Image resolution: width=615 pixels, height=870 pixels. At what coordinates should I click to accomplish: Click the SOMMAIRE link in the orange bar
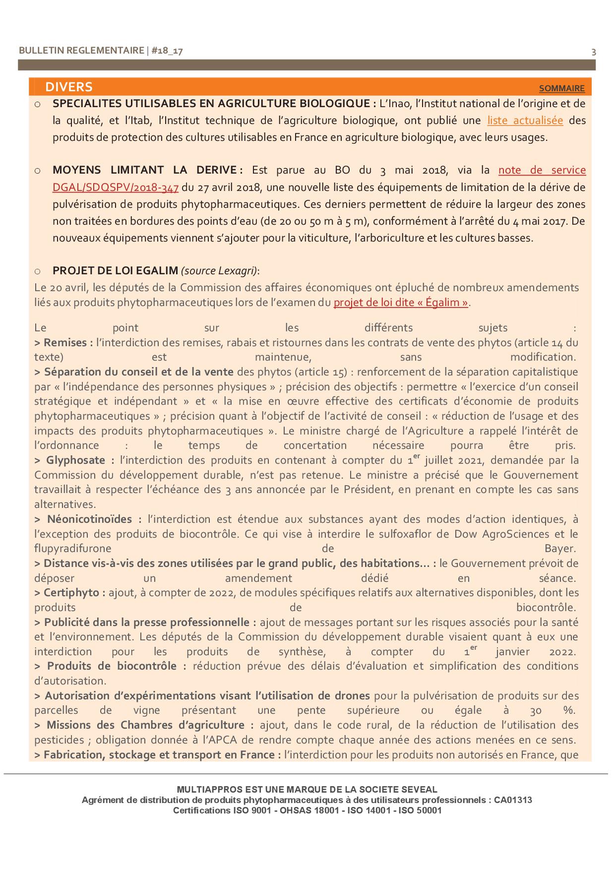pyautogui.click(x=561, y=88)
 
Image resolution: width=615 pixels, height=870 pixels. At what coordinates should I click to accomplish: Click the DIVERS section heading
pyautogui.click(x=68, y=87)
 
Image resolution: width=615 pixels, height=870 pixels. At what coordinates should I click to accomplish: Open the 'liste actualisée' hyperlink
pyautogui.click(x=525, y=121)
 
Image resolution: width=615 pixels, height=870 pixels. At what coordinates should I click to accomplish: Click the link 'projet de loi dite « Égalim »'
pyautogui.click(x=401, y=303)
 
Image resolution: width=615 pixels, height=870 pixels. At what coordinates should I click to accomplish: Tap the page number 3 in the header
pyautogui.click(x=594, y=52)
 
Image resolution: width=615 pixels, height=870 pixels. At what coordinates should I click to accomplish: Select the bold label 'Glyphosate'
pyautogui.click(x=74, y=460)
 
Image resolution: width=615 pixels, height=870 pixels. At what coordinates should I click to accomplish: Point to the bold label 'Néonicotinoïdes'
pyautogui.click(x=89, y=519)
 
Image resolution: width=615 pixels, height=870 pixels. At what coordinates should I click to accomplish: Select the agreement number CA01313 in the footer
pyautogui.click(x=513, y=800)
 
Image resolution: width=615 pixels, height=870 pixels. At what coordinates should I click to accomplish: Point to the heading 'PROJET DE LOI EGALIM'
pyautogui.click(x=115, y=271)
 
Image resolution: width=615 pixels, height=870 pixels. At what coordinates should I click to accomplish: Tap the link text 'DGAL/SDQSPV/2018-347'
pyautogui.click(x=115, y=187)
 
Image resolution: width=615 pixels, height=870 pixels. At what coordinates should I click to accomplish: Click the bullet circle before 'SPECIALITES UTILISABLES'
pyautogui.click(x=38, y=105)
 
